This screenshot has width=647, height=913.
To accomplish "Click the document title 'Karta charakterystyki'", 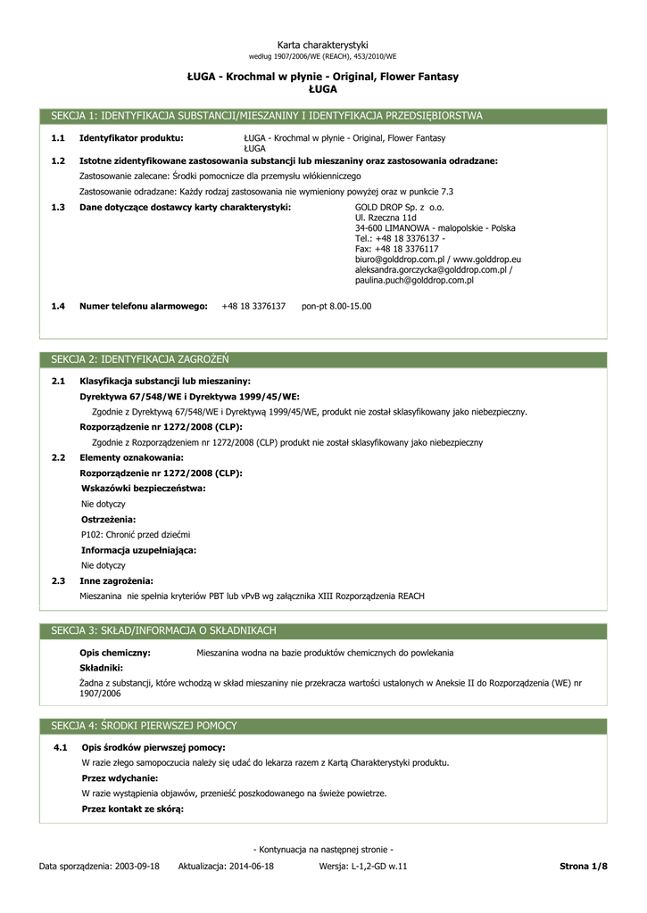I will (x=322, y=45).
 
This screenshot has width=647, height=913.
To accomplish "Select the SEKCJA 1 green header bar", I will (x=324, y=116).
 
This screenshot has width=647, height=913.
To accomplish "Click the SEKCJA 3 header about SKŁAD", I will (x=324, y=630).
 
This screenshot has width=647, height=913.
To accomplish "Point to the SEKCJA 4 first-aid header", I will (x=324, y=726).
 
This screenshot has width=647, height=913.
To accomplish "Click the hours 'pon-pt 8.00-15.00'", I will (x=336, y=306).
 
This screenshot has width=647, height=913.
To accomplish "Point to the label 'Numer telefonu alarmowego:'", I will (x=144, y=306).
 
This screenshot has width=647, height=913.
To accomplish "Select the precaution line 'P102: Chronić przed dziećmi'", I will (x=136, y=534).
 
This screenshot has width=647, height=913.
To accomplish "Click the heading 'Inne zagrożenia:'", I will (x=116, y=580).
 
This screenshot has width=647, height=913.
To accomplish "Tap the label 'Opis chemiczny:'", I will (x=115, y=653).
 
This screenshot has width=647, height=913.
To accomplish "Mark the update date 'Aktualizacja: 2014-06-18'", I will (x=226, y=866).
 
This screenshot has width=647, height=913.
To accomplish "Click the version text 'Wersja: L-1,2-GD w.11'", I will (x=362, y=866).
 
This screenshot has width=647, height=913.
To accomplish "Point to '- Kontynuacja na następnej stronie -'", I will (x=323, y=849).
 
